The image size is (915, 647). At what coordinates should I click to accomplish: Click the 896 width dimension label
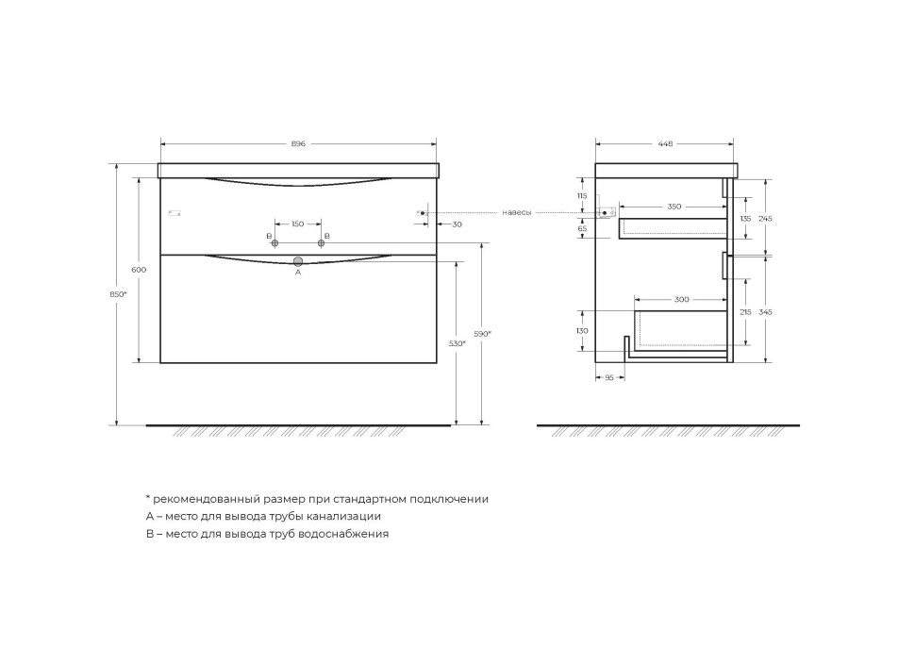(x=298, y=144)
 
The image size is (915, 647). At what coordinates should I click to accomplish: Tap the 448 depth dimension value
(x=665, y=144)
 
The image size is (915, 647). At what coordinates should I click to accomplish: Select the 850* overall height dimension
(x=118, y=293)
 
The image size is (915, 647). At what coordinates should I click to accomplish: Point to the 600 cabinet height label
(x=139, y=270)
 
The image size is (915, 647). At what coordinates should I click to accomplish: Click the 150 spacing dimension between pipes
(x=298, y=224)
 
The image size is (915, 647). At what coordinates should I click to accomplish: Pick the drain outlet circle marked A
(x=298, y=260)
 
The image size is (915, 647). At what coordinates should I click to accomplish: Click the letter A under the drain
(x=298, y=272)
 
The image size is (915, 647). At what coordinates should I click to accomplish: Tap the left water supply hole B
(x=275, y=243)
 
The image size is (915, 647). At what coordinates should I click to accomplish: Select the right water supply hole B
(x=321, y=243)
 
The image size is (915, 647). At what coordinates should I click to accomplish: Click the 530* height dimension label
(x=457, y=343)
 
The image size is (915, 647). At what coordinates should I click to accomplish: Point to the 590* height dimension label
(x=482, y=333)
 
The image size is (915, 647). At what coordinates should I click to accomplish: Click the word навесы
(x=516, y=213)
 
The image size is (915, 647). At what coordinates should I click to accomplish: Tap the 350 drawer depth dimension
(x=674, y=206)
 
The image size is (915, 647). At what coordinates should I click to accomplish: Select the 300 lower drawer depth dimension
(x=681, y=300)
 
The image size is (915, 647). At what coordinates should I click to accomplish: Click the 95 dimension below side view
(x=608, y=377)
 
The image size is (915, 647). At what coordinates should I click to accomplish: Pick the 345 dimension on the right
(x=765, y=311)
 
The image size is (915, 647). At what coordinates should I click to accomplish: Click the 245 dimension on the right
(x=765, y=219)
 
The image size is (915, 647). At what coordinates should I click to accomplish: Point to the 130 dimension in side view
(x=582, y=331)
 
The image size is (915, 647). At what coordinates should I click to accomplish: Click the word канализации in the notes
(x=345, y=516)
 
